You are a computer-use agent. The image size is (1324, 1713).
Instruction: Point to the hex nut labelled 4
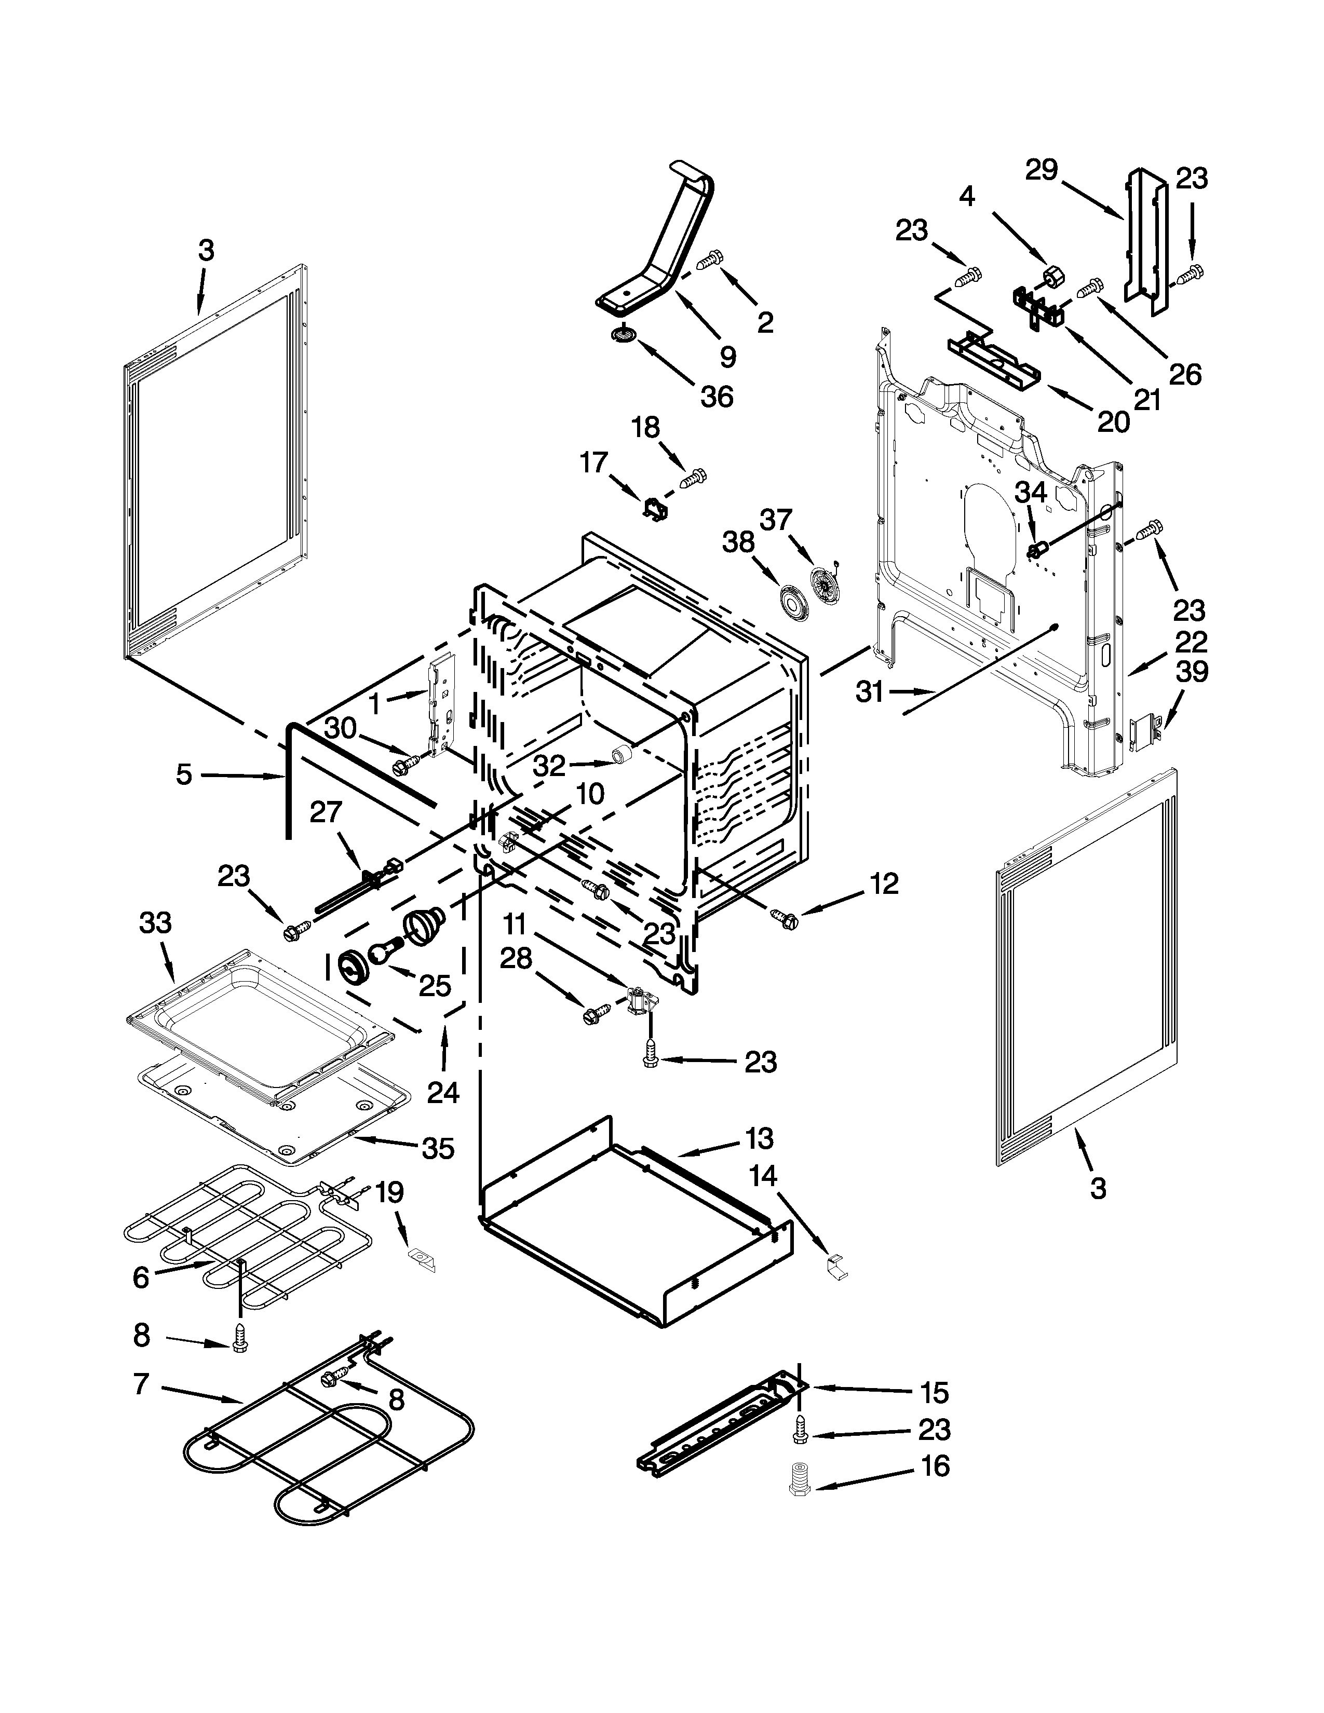click(1052, 275)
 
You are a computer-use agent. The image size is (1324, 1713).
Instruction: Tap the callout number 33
click(155, 923)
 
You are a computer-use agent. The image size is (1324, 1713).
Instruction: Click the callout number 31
click(869, 692)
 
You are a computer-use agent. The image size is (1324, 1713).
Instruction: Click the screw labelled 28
click(594, 1015)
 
